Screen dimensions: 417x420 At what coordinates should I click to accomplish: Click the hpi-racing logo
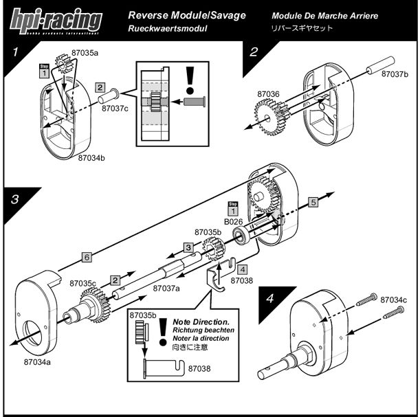coord(55,21)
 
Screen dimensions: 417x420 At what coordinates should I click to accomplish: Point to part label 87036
coord(267,94)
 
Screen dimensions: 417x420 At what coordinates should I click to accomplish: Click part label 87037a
coord(166,288)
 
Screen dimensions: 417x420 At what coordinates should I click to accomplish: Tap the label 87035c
coord(83,283)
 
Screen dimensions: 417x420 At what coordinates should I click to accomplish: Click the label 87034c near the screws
coord(394,300)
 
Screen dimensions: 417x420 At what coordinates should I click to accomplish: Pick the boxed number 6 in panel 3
coord(86,257)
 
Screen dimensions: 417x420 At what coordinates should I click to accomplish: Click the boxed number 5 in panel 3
coord(313,203)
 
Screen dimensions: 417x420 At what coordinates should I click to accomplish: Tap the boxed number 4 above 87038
coord(242,270)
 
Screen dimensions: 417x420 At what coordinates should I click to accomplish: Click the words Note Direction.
coord(201,322)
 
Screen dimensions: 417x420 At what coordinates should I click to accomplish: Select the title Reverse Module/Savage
coord(186,15)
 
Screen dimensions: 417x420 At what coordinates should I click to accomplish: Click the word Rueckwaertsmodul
coord(167,30)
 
